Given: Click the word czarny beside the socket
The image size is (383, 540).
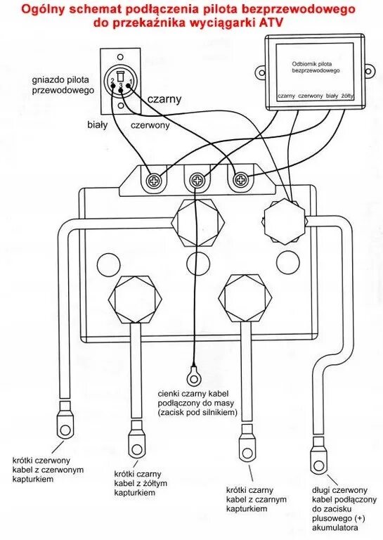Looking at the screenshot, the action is coord(164,99).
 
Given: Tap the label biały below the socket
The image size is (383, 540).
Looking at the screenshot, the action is coord(98,124).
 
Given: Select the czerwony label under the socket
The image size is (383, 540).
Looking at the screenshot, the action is coord(150,125).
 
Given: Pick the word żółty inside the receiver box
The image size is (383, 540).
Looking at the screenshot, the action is coord(348,96).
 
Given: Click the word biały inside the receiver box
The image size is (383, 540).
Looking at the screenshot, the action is coord(332,96).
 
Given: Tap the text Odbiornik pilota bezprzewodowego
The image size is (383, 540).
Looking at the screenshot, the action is coord(316,67).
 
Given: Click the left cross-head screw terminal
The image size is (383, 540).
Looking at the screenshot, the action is coord(152,181).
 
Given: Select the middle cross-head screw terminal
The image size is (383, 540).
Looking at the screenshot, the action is coord(197,180).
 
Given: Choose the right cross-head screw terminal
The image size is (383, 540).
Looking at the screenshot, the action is coord(240,180).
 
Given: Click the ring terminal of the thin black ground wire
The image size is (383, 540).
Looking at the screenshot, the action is coord(195,378).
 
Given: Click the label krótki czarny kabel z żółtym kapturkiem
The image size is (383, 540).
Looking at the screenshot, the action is coord(141,484).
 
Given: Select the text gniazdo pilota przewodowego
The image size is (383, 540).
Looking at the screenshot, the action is coord(63,84).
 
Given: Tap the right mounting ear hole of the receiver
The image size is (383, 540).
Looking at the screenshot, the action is coord(368,72).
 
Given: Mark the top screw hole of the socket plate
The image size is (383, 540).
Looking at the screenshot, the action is coord(120,56).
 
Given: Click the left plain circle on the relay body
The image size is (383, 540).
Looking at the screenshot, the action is coord(109,264).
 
